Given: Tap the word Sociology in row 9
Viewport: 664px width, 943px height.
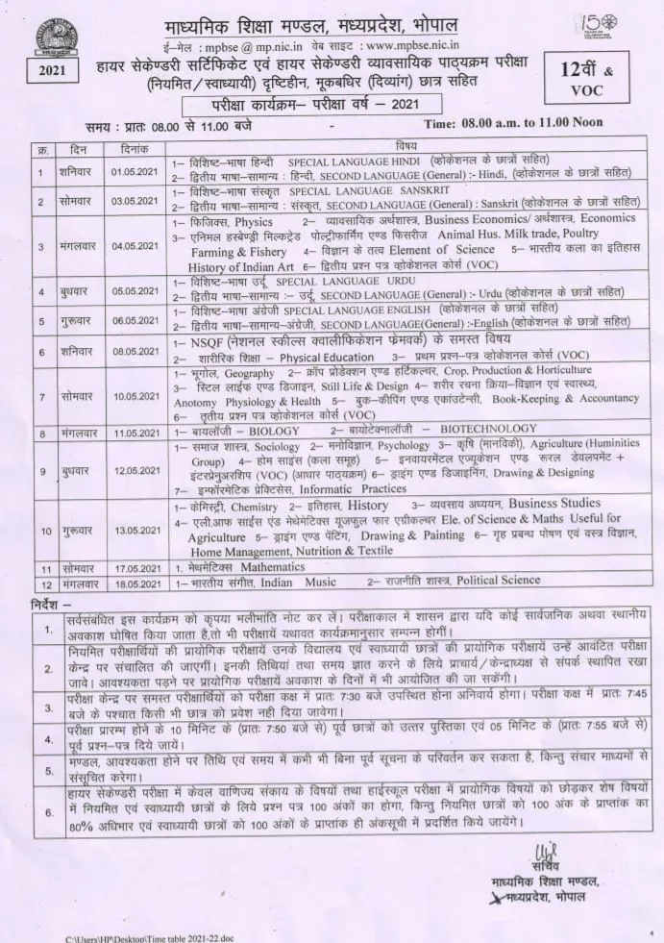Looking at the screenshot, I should click(x=278, y=446).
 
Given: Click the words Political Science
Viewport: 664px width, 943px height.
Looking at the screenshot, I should click(x=476, y=582).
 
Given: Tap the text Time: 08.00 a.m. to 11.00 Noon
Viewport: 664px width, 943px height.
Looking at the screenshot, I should click(x=504, y=123).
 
